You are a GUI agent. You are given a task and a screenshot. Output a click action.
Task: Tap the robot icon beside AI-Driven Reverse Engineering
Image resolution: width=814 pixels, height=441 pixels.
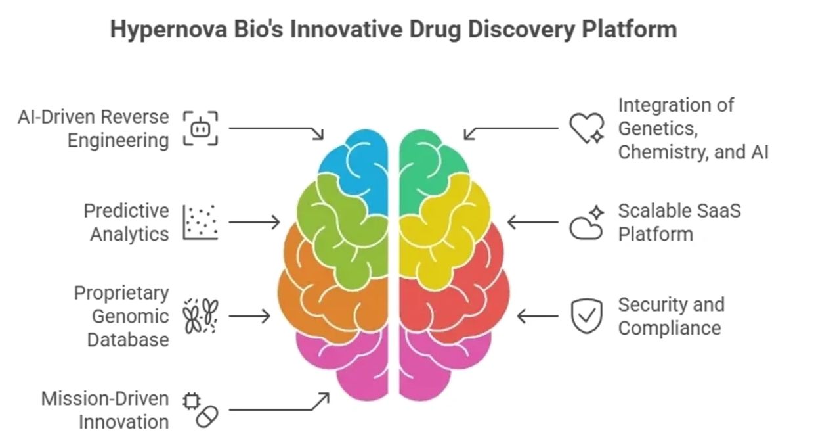pos(200,128)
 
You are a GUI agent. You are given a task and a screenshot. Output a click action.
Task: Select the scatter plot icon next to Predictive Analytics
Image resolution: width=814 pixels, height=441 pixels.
pos(200,222)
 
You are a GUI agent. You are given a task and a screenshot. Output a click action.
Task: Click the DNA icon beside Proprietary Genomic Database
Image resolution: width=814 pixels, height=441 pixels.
pos(200,316)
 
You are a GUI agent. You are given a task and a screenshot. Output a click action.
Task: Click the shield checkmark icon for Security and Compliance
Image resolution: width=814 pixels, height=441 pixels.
pos(586,316)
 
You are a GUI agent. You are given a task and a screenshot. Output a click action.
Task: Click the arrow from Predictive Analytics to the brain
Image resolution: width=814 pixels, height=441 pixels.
pos(254,222)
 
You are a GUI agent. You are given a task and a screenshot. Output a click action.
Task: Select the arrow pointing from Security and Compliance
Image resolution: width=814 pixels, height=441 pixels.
pos(538,316)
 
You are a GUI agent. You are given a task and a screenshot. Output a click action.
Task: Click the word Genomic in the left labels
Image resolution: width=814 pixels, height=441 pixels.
pos(130,316)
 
